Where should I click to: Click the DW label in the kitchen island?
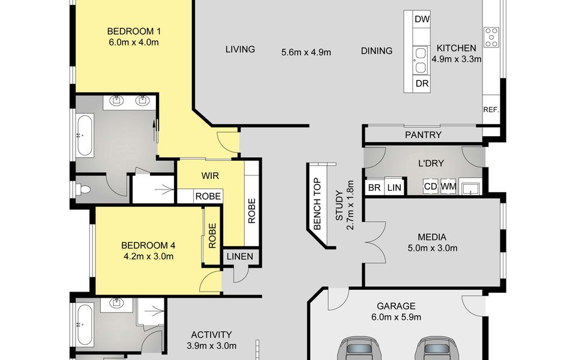click(x=422, y=19)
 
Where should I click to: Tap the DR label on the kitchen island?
click(x=422, y=84)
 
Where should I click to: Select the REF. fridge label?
click(x=491, y=109)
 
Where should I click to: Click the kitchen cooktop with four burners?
click(x=491, y=37)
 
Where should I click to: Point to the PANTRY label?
click(x=423, y=135)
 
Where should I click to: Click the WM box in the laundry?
click(x=448, y=187)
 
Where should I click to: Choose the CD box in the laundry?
click(x=431, y=187)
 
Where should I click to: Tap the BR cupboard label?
click(x=374, y=188)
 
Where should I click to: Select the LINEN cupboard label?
click(x=240, y=256)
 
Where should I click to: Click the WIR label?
click(x=210, y=176)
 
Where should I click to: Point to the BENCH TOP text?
click(x=317, y=204)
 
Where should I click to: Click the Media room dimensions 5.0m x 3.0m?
click(x=433, y=248)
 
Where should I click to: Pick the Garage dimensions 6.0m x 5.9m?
click(x=396, y=317)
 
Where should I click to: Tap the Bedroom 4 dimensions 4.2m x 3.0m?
click(x=148, y=256)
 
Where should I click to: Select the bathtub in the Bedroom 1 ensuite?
click(x=85, y=135)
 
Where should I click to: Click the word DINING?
click(x=377, y=50)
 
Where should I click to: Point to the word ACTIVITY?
click(x=211, y=335)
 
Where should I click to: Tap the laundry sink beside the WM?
click(x=470, y=188)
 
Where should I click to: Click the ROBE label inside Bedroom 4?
click(x=212, y=236)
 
